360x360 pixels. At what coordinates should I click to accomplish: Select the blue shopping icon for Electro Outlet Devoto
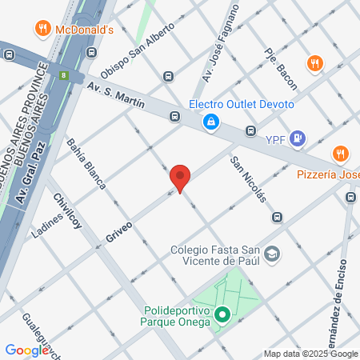[210, 122]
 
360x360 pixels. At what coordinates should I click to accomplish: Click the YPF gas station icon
[298, 138]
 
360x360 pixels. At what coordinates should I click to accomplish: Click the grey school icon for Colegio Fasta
[273, 254]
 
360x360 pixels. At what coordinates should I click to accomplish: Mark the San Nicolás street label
[248, 179]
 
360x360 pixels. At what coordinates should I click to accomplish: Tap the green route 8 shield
[62, 75]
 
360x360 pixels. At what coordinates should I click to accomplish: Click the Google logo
[27, 350]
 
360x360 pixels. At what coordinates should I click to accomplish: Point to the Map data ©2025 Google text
[311, 354]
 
